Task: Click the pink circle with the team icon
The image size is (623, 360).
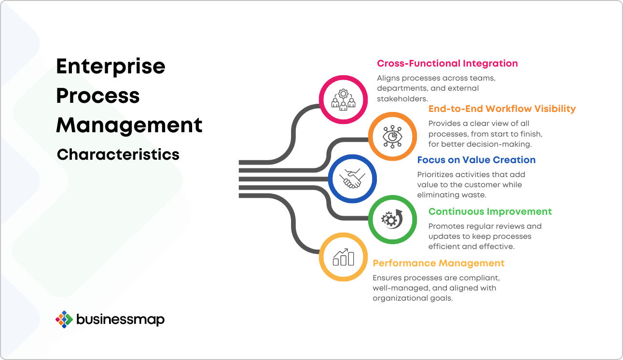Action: (343, 99)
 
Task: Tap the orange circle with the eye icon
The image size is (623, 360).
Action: (392, 137)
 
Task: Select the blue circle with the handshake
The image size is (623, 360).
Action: (352, 179)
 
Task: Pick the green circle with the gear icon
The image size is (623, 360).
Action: (392, 220)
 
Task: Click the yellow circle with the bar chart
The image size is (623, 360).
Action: (343, 257)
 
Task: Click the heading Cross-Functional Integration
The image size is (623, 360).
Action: (447, 64)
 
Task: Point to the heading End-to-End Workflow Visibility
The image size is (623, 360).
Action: (502, 109)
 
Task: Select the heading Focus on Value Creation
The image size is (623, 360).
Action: (476, 160)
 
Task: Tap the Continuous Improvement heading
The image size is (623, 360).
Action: (490, 212)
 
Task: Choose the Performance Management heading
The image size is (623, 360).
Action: (438, 263)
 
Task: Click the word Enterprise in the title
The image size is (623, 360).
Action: (111, 66)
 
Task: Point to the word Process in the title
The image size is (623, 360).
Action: (98, 96)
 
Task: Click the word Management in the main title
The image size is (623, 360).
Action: (129, 125)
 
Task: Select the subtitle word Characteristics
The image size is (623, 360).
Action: (118, 155)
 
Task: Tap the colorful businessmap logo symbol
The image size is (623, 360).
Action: (64, 319)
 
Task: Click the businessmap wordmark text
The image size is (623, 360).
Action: (121, 319)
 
